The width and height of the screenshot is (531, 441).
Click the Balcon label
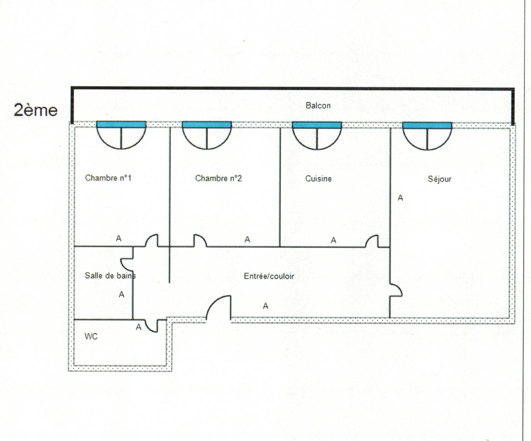coord(318,105)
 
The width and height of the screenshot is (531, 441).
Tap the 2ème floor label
coord(36,110)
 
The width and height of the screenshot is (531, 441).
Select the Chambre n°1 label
coord(108,178)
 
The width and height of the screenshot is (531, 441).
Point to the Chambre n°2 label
coord(218,178)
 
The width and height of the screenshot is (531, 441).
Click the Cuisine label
coord(318,178)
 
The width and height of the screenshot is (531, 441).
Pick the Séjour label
coord(439,179)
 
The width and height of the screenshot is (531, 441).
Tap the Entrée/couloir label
coord(269,276)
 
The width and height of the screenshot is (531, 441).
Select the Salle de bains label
coord(110,276)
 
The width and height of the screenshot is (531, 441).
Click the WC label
coord(91,336)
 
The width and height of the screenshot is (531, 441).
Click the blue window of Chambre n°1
coord(121,125)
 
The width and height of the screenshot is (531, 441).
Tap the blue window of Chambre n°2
coord(207,125)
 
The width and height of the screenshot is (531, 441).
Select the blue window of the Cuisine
coord(317,125)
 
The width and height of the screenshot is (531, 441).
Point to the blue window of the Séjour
coord(427,125)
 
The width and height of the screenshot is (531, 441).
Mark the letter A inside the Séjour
coord(400,198)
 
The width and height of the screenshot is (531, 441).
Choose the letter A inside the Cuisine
coord(334,241)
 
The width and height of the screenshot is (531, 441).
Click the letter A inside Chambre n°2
coord(247,239)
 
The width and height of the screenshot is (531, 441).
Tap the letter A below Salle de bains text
coord(121,295)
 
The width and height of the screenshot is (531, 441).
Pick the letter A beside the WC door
coord(138,327)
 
